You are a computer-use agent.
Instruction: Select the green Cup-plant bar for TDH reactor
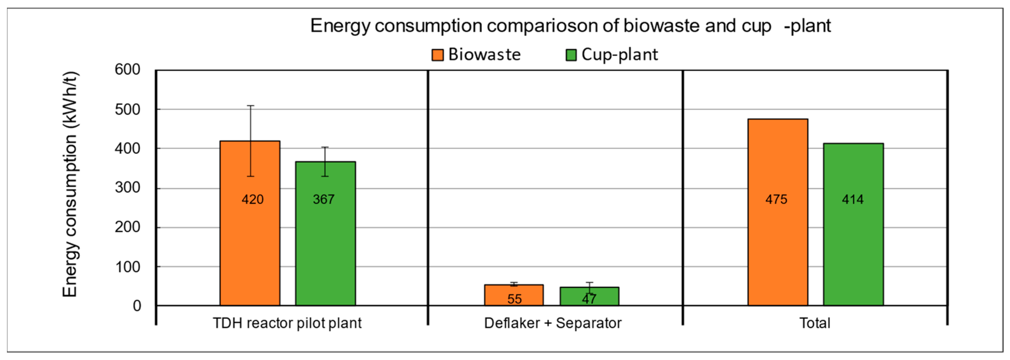click(325, 243)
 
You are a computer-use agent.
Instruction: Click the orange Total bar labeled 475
click(778, 235)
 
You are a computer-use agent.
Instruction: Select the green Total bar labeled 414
click(853, 243)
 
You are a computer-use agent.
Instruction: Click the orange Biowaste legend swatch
click(437, 55)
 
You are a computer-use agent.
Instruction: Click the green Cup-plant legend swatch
click(571, 55)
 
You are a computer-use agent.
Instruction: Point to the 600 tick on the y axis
click(127, 70)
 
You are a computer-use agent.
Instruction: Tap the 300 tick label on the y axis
click(127, 188)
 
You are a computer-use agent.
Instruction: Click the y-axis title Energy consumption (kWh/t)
click(71, 184)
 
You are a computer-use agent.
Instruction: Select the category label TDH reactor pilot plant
click(287, 323)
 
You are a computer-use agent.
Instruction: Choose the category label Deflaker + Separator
click(553, 323)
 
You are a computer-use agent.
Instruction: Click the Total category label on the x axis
click(815, 323)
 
